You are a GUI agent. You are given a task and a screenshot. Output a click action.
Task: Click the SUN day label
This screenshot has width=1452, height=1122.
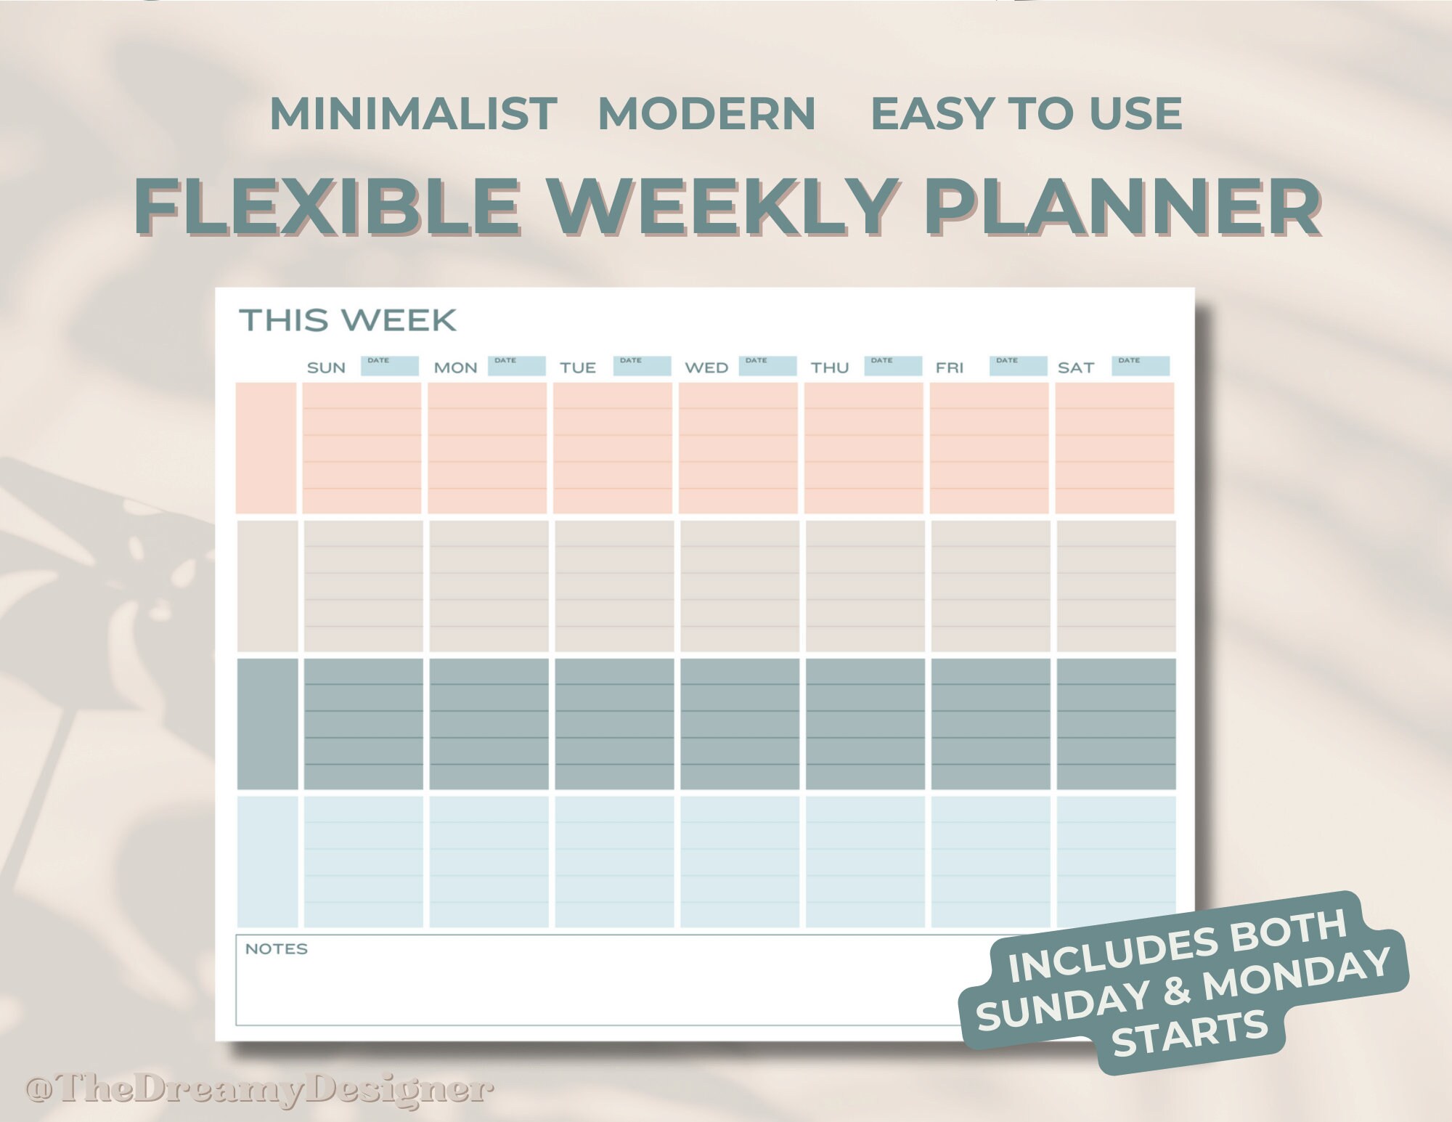point(326,367)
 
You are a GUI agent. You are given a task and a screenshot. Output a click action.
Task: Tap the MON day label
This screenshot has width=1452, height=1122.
point(455,367)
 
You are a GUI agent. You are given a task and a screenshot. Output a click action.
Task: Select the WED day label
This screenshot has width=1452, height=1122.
point(706,367)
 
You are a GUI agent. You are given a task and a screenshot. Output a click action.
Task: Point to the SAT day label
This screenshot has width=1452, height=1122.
point(1075,367)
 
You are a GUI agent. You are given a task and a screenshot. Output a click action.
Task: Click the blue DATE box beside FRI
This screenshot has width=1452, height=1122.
point(1018,365)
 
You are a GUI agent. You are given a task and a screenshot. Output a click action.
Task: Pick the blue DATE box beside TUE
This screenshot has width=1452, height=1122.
point(642,365)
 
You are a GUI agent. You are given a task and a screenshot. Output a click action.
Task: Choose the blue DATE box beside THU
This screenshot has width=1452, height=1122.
point(893,365)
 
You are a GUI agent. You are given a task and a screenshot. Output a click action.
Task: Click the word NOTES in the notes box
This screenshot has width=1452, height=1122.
point(276,949)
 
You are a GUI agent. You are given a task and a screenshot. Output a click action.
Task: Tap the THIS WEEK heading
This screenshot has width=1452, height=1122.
point(348,320)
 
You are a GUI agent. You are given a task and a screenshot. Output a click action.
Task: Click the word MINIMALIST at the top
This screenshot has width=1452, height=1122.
point(413,114)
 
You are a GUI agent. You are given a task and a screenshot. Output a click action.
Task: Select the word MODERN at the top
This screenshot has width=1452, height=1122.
point(706,114)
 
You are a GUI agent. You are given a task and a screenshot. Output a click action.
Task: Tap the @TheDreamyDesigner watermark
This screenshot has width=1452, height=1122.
point(259,1089)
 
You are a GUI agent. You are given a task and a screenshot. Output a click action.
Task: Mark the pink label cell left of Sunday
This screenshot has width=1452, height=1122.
point(266,448)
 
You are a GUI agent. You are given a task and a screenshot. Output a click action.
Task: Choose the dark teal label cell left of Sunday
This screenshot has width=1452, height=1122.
point(267,723)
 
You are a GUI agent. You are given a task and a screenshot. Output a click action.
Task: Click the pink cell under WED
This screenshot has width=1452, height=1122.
point(738,448)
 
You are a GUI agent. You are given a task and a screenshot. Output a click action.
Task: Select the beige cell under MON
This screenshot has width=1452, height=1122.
point(489,586)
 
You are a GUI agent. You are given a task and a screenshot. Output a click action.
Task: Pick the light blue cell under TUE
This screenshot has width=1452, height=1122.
point(614,862)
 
